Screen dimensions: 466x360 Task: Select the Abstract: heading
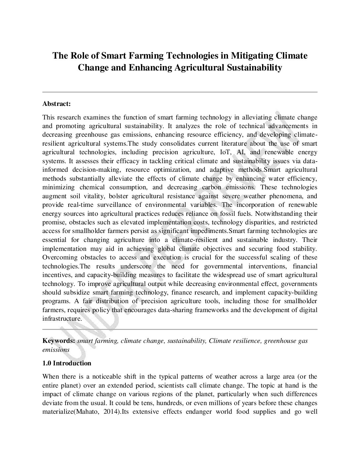coord(57,104)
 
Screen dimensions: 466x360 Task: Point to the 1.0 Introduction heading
coord(67,363)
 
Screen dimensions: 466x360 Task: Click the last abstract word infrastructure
coord(62,319)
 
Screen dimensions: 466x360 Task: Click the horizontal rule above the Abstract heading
coord(180,92)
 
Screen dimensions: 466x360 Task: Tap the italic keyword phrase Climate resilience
coord(235,341)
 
